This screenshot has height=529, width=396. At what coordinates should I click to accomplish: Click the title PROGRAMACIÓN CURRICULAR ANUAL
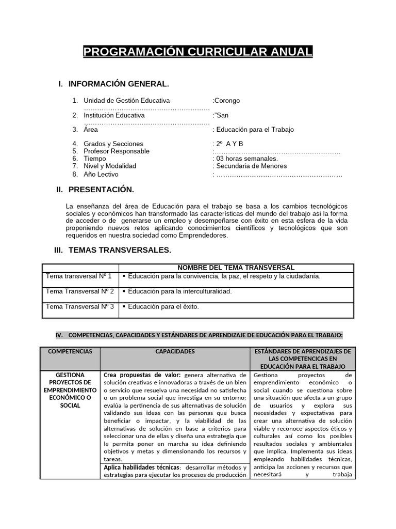pos(198,52)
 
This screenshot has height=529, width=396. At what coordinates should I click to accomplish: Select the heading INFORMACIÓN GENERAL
pos(118,84)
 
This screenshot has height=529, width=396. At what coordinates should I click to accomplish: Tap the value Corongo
pos(227,101)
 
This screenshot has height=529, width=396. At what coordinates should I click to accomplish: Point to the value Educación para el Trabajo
pos(255,130)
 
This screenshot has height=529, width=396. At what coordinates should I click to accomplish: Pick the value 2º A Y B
pos(229,144)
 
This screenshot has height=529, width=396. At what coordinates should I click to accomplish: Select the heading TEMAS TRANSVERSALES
pos(120,251)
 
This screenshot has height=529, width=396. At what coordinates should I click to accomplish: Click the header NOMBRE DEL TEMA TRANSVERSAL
pos(236,268)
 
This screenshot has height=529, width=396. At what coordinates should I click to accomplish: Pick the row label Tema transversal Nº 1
pos(79,276)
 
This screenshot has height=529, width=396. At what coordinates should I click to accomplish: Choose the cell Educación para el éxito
pos(163,307)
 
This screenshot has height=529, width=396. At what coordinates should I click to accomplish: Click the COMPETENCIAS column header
pos(70,351)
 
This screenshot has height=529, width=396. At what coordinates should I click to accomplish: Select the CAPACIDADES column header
pos(175,351)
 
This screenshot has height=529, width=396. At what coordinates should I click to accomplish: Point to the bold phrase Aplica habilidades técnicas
pos(137,468)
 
